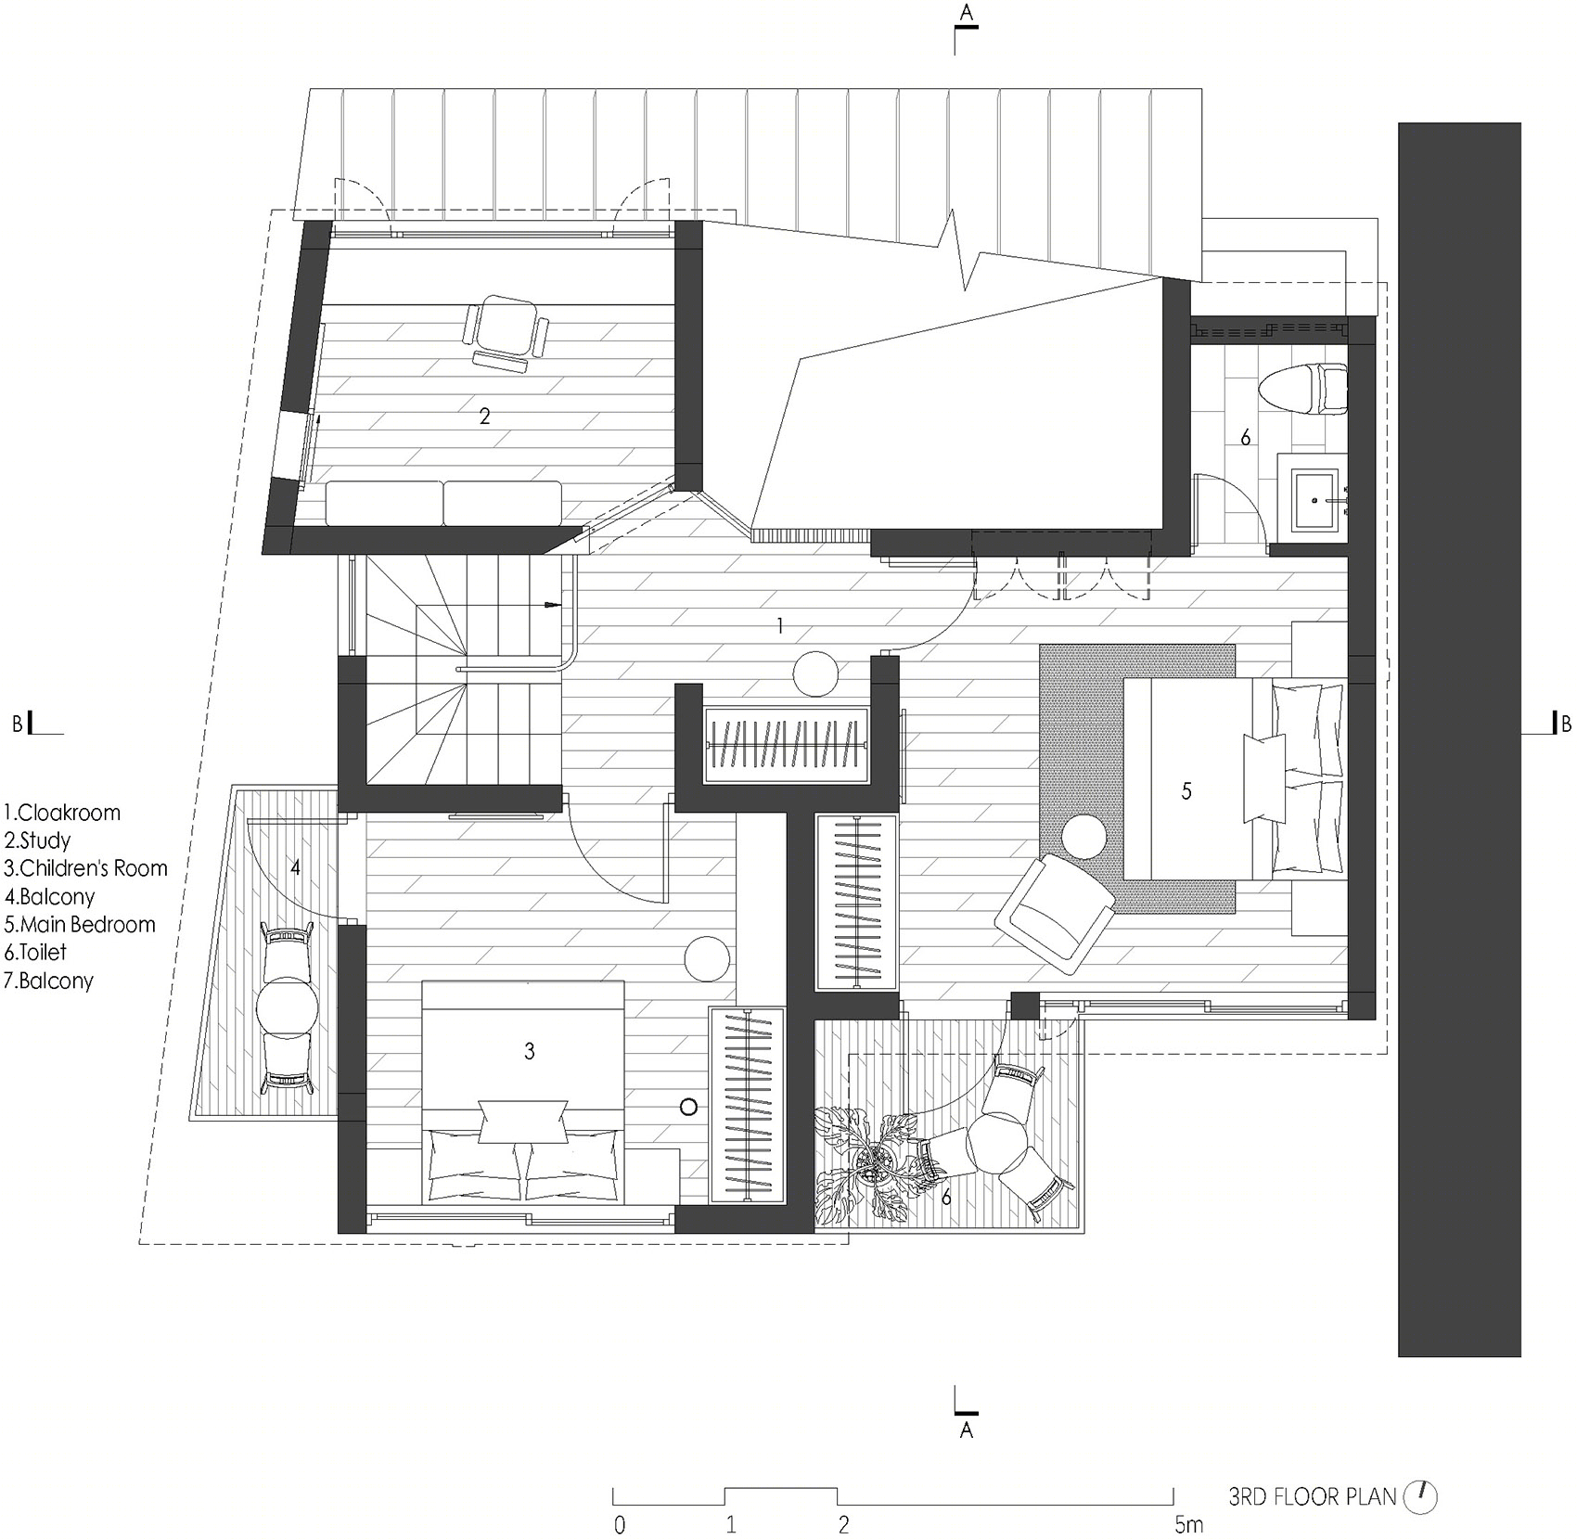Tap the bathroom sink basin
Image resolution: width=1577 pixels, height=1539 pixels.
(1314, 494)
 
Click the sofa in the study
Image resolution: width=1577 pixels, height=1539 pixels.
(443, 504)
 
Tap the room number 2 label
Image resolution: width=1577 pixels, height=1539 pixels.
(484, 417)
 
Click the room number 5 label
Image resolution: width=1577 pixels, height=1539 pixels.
(1186, 791)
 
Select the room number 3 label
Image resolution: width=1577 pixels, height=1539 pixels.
(529, 1051)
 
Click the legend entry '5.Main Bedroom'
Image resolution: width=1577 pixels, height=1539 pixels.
(80, 925)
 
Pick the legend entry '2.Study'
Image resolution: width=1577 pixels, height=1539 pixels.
(38, 841)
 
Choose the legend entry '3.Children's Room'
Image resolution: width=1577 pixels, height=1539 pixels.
(86, 868)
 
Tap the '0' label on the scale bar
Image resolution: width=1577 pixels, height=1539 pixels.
(620, 1524)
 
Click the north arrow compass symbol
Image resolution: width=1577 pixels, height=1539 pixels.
(1420, 1495)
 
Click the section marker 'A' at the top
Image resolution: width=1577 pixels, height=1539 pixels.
(967, 12)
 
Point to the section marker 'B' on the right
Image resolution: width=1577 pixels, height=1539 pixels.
(1566, 725)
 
